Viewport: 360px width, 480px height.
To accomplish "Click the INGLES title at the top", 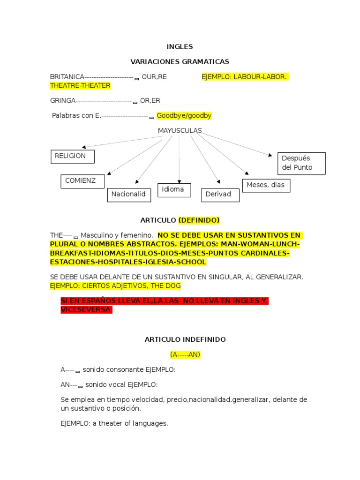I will coord(180,47).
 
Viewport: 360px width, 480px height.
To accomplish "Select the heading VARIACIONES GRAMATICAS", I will coord(180,61).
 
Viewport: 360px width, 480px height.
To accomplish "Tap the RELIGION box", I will coord(72,157).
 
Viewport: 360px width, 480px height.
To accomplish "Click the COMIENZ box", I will coord(82,181).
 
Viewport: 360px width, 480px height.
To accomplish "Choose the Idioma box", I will coord(174,190).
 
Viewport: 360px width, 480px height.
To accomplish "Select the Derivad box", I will coord(220,195).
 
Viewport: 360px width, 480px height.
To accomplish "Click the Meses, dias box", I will coord(266,185).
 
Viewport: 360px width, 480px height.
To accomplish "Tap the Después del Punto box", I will coord(301,163).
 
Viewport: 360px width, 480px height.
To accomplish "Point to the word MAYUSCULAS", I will coord(180,130).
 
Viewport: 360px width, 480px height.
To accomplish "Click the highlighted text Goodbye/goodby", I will coord(184,115).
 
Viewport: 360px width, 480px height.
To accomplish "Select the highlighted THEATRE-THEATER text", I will coord(80,86).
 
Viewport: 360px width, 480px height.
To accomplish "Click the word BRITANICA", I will coord(67,76).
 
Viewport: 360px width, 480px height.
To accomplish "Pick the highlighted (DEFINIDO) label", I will coord(199,220).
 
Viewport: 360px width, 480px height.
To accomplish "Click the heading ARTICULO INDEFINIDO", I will coord(185,339).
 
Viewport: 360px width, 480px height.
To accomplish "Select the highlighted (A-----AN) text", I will coord(185,354).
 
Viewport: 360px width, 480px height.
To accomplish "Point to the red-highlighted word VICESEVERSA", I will coord(86,310).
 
